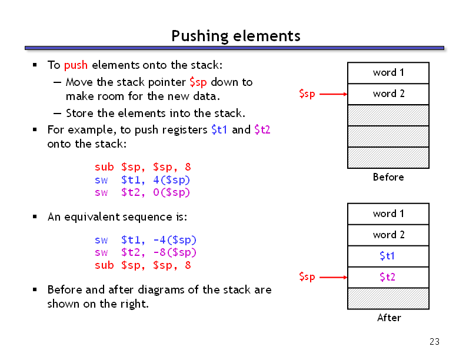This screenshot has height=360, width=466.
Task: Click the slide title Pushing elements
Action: pos(236,36)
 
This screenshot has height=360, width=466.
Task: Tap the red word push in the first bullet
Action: pos(76,65)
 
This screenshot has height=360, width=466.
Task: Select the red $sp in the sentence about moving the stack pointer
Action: pos(198,82)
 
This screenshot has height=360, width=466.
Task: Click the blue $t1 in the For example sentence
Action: pos(219,130)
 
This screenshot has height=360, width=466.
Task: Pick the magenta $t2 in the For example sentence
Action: pos(262,130)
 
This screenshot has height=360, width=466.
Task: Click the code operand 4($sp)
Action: pos(171,179)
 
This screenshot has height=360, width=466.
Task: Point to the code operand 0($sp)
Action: pos(171,192)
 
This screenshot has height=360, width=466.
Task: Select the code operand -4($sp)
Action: pos(175,239)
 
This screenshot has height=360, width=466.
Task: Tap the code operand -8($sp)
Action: pos(175,252)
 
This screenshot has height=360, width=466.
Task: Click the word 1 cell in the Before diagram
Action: pos(388,73)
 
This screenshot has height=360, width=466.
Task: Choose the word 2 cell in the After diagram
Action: pos(388,235)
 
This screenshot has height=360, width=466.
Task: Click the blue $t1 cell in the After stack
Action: pos(388,256)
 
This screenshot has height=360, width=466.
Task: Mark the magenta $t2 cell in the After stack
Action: pos(388,277)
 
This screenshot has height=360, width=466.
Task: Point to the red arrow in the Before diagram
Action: pos(333,94)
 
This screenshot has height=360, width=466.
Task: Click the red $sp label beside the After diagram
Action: pos(307,277)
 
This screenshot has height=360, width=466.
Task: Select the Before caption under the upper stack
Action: pos(388,177)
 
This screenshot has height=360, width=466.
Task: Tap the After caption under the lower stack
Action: pos(389,318)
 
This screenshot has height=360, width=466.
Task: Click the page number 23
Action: pos(434,342)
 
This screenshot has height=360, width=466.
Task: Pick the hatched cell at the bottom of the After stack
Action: pos(388,298)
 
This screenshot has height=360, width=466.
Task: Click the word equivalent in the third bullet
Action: pos(92,217)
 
